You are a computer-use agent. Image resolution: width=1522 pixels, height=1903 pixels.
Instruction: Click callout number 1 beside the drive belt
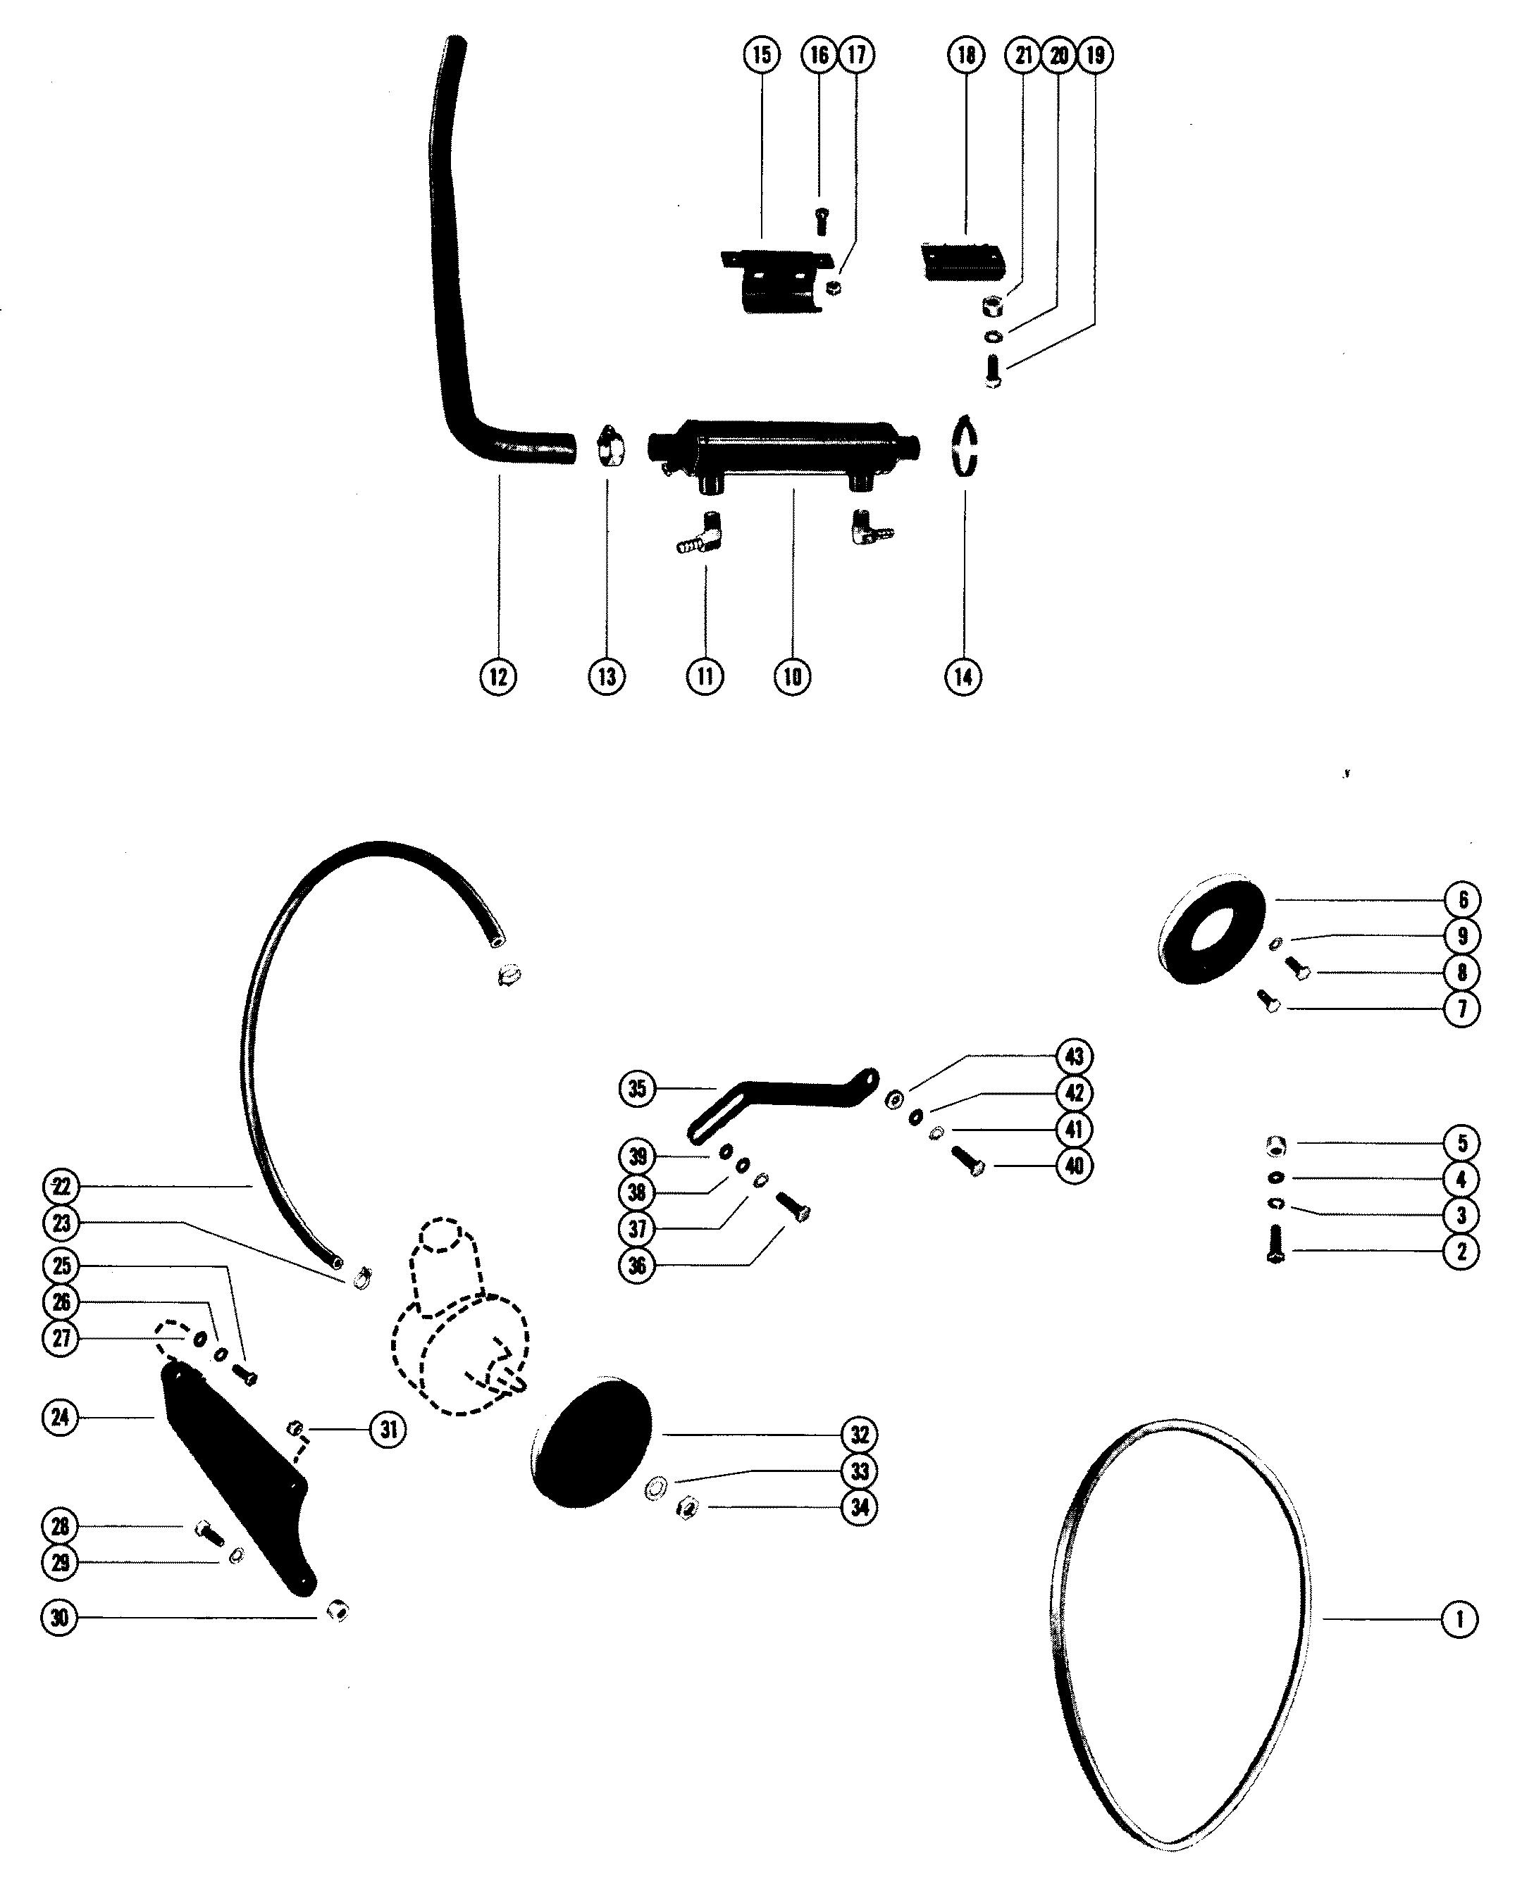click(x=1459, y=1618)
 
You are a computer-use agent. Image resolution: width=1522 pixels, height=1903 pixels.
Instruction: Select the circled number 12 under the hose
click(x=498, y=676)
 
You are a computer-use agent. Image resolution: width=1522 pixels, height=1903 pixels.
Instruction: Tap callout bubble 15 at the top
click(x=761, y=55)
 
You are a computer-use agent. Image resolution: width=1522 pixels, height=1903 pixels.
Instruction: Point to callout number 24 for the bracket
click(x=60, y=1418)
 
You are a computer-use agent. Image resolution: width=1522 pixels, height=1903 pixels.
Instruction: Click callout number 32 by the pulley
click(x=859, y=1435)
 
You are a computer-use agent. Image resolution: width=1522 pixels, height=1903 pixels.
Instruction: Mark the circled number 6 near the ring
click(x=1462, y=899)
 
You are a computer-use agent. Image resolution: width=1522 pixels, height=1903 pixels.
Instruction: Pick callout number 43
click(x=1074, y=1056)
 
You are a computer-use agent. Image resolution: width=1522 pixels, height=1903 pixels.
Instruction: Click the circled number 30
click(x=60, y=1617)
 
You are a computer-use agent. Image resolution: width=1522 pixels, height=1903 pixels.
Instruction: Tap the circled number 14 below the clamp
click(x=963, y=676)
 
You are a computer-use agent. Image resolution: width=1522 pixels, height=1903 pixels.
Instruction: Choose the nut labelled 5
click(x=1275, y=1146)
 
